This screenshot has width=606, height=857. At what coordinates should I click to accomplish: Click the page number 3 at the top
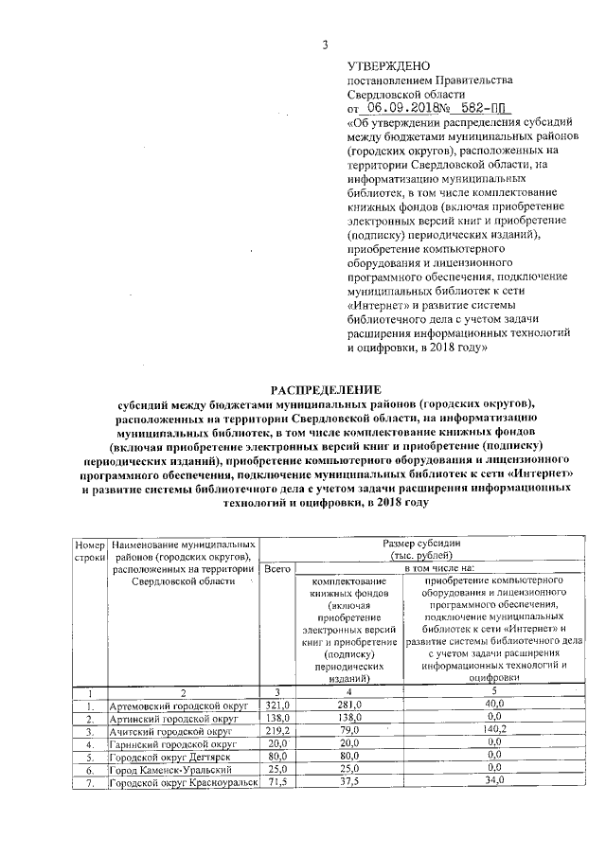pos(324,45)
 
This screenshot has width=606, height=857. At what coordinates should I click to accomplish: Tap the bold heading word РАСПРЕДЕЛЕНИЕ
pos(327,389)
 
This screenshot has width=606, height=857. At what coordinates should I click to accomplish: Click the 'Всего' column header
pos(276,568)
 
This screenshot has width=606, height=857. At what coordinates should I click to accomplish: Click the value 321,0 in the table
pos(276,706)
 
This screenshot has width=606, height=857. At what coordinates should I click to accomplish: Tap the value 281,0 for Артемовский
pos(344,706)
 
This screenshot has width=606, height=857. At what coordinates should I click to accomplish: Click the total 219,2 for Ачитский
pos(276,733)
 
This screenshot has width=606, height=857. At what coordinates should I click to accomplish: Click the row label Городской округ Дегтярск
pos(171,758)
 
